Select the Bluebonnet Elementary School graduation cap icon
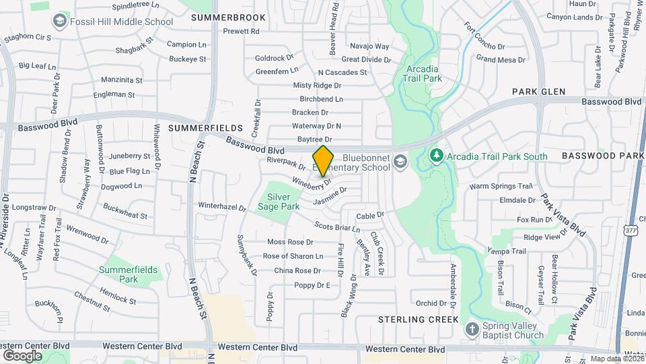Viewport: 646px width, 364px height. click(x=401, y=160)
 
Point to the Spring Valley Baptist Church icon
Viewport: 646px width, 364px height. click(x=472, y=329)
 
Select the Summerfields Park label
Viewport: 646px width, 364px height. click(x=128, y=274)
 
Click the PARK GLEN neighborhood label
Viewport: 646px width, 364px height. click(x=538, y=91)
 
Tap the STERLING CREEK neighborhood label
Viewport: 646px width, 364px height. click(x=418, y=319)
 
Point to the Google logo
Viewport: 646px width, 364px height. click(x=22, y=355)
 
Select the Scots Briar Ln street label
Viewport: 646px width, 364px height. click(x=334, y=228)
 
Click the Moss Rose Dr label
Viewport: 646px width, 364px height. click(x=291, y=241)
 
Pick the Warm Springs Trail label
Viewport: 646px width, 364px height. click(x=501, y=186)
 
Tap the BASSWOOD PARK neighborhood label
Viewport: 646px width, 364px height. click(x=603, y=156)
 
